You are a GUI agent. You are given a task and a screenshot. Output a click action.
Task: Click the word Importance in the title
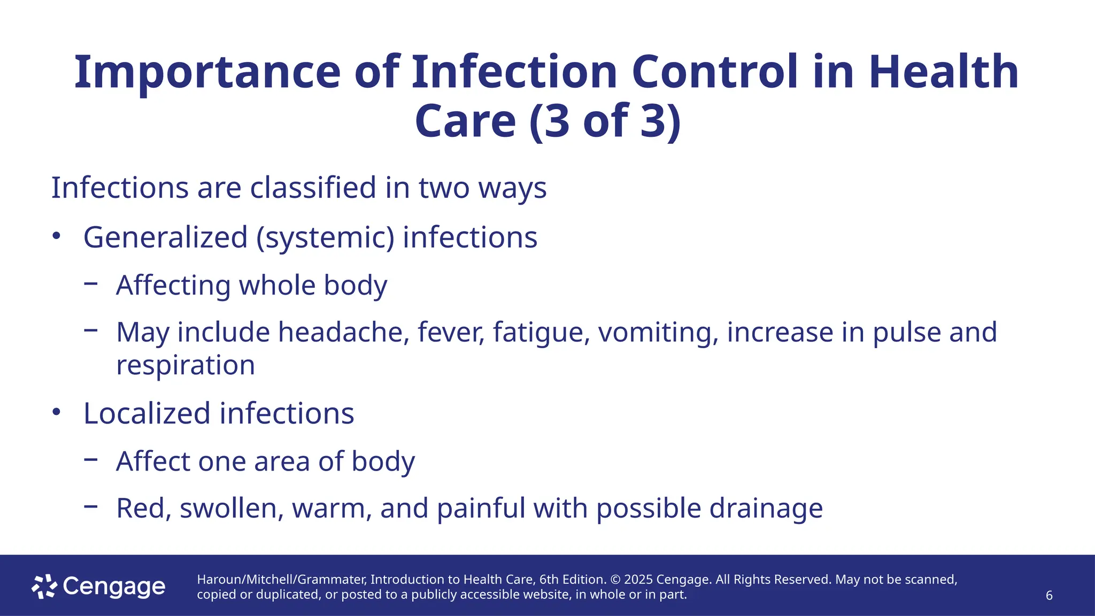tap(207, 72)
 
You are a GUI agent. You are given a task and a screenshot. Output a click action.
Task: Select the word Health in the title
tap(944, 72)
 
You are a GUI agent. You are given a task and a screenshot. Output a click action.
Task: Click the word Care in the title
tap(465, 121)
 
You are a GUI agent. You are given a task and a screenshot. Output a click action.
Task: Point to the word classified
tap(313, 188)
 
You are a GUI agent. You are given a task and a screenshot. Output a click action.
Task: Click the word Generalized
tap(166, 237)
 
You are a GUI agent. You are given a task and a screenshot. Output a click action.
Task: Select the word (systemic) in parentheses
tap(325, 237)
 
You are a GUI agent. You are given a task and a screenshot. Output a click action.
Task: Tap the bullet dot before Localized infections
tap(57, 412)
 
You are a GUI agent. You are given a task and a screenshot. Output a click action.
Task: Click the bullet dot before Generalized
tap(57, 236)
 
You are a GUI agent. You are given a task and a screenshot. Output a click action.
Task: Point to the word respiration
tap(186, 365)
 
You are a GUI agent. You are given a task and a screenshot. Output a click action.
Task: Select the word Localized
tap(147, 413)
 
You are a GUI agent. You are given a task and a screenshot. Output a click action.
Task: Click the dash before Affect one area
tap(91, 459)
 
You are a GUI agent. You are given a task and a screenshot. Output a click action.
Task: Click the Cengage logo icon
tap(44, 587)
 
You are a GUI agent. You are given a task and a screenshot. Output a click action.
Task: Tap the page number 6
tap(1049, 596)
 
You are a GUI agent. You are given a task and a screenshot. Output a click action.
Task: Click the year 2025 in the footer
tap(638, 580)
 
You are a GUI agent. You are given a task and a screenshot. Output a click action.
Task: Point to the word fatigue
tap(541, 332)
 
